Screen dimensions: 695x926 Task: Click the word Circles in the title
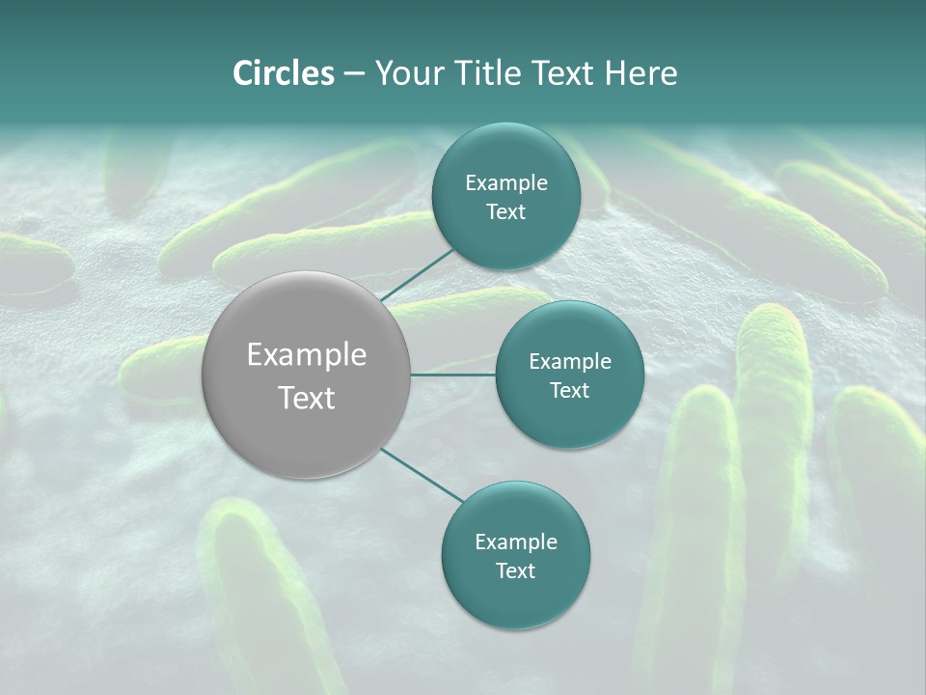[x=283, y=73]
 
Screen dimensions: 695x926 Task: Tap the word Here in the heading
[x=640, y=73]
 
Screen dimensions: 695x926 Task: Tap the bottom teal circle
[x=515, y=598]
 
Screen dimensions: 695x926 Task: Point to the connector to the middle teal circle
[x=453, y=375]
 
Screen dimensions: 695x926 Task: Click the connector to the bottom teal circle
[x=422, y=476]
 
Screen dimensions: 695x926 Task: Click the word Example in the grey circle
[x=307, y=355]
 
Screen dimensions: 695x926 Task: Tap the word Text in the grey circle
[x=307, y=398]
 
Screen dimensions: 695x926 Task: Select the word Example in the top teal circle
[x=506, y=183]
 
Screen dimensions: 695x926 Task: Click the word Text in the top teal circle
[x=505, y=212]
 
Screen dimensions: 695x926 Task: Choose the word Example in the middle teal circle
[x=570, y=362]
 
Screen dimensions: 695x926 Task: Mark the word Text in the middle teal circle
[x=569, y=391]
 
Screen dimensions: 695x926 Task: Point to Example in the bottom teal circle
[x=516, y=542]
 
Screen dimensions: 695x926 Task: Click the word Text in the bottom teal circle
[x=515, y=571]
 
